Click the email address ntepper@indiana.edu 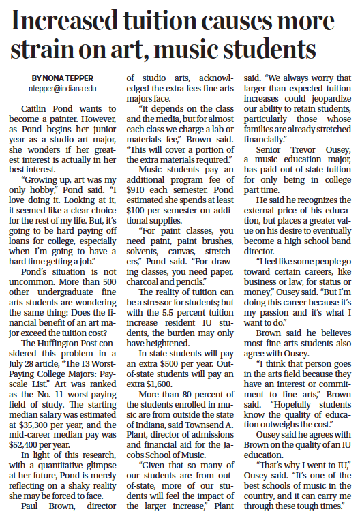tap(63, 89)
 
